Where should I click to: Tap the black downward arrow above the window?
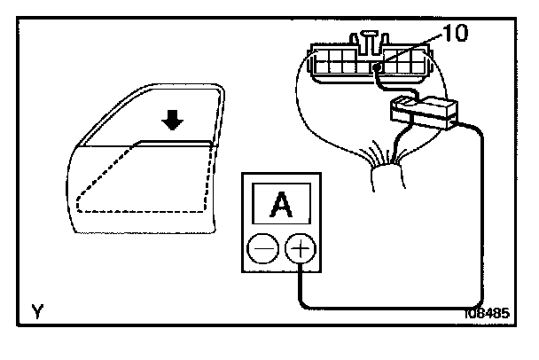pos(176,120)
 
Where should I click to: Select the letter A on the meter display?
pos(281,207)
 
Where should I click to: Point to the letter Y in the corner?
pos(37,311)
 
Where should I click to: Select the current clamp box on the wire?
pos(423,112)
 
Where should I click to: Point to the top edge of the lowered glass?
pos(173,142)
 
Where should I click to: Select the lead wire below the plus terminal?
pos(301,284)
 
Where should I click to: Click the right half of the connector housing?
pos(412,64)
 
